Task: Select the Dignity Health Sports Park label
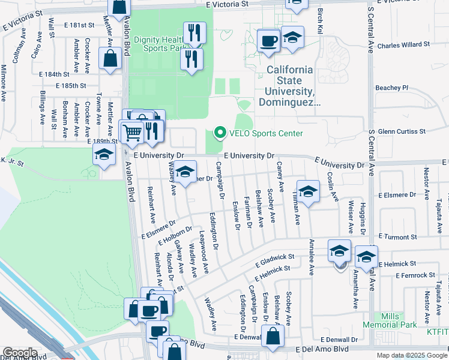pos(159,43)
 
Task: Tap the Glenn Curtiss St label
pos(402,131)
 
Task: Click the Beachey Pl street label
pos(391,88)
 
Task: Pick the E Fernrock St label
pos(415,275)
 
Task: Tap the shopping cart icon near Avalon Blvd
pos(131,132)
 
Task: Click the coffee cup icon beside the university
pos(268,41)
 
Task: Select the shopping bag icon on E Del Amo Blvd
pos(273,337)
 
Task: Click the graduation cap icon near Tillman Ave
pos(308,192)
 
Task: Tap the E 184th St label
pos(54,74)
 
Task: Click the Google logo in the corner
pos(20,353)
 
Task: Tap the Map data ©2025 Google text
pos(411,355)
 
